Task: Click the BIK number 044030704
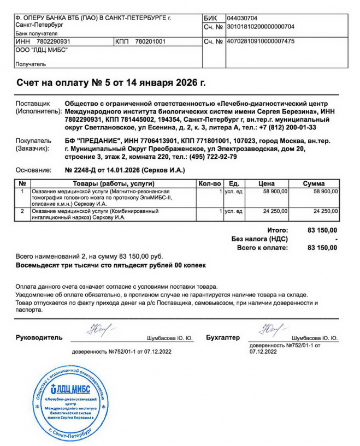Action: pos(241,17)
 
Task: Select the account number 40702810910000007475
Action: pos(260,41)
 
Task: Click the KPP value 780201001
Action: pos(150,41)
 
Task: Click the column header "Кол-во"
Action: pos(210,183)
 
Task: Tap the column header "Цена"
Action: pos(266,183)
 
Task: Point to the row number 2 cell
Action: pos(22,210)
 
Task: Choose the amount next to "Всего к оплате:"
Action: pos(322,247)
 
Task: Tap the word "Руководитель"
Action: pos(39,337)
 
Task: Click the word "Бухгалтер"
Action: pos(223,337)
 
